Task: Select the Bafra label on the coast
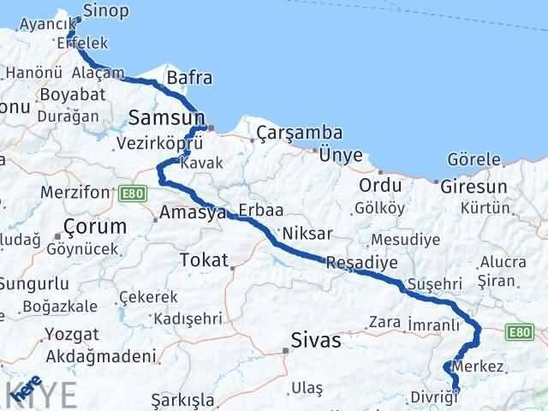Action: point(189,79)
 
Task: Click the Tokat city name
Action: point(204,259)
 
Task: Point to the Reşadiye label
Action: point(361,262)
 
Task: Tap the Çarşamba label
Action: point(299,134)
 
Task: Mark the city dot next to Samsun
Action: point(211,129)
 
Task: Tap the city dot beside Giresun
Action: point(437,183)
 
